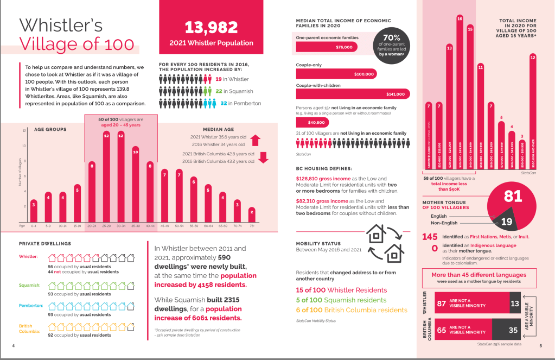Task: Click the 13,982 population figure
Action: tap(211, 27)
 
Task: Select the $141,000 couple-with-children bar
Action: tap(352, 94)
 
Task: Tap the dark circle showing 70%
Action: tap(392, 45)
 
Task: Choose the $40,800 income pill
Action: tap(312, 123)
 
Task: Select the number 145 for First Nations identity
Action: tap(430, 237)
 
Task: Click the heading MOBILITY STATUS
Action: tap(318, 243)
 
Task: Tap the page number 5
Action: tap(540, 345)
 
